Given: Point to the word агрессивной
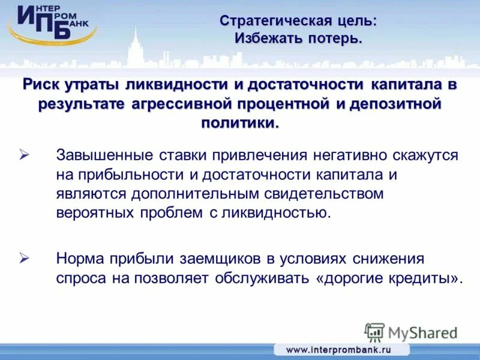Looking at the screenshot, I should [182, 104].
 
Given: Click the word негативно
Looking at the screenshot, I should [351, 156].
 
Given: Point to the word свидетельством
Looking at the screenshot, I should [322, 194].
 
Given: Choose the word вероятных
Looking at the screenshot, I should [95, 214].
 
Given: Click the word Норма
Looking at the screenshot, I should [80, 259].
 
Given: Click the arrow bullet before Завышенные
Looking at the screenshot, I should [25, 155].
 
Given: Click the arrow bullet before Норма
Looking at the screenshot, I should [25, 259].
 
